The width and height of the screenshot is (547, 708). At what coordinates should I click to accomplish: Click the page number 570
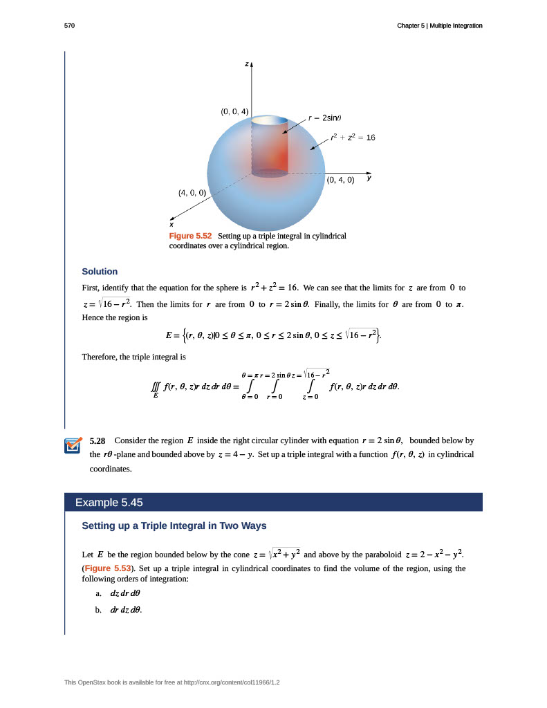point(68,26)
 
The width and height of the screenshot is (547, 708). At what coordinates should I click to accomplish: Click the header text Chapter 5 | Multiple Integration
point(439,26)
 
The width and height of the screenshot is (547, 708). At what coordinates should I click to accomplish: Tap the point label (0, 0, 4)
point(234,111)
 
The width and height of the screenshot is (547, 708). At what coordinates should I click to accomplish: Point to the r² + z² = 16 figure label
point(352,138)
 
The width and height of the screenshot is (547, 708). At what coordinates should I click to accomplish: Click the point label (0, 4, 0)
point(340,180)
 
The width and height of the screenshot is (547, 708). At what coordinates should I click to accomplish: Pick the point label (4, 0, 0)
point(192,192)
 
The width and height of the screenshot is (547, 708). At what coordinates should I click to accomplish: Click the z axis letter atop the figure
point(245,64)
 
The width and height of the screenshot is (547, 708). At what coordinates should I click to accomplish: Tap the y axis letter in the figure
point(369,178)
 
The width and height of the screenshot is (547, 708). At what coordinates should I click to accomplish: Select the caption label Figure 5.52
point(190,236)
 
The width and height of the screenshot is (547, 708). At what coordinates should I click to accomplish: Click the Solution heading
point(100,271)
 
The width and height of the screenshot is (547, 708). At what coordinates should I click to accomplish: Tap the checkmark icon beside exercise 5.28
point(72,446)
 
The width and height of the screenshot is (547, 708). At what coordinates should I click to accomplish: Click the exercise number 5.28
point(98,440)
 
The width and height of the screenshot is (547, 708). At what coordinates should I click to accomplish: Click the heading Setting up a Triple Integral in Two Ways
point(174,525)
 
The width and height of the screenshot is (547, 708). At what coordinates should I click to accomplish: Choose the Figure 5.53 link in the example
point(107,568)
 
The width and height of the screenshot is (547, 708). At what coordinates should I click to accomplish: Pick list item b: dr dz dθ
point(125,610)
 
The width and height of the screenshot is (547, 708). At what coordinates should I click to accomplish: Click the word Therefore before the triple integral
point(100,357)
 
